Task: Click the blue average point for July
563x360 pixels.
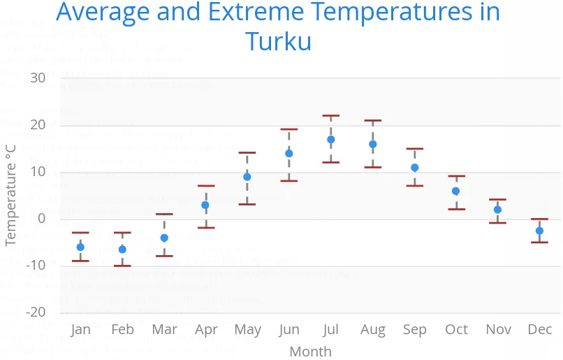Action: [331, 140]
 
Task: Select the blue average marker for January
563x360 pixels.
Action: [80, 247]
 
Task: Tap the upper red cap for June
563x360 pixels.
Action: [289, 129]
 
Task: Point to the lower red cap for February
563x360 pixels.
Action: [122, 266]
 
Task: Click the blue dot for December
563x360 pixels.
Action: [540, 231]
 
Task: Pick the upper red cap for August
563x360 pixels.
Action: [373, 121]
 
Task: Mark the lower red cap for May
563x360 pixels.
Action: [247, 204]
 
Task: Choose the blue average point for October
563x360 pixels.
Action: [456, 191]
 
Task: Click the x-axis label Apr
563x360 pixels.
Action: [206, 329]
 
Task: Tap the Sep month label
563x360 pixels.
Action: [415, 329]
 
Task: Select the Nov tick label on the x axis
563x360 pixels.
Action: [498, 329]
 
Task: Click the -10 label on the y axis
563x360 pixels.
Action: [34, 266]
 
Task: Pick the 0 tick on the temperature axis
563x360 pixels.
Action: [41, 219]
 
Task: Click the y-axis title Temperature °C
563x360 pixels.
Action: [10, 194]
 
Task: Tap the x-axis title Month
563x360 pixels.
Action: [310, 351]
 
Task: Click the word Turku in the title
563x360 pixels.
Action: [278, 41]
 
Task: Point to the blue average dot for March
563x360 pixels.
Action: [164, 238]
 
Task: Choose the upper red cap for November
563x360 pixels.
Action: [498, 200]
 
